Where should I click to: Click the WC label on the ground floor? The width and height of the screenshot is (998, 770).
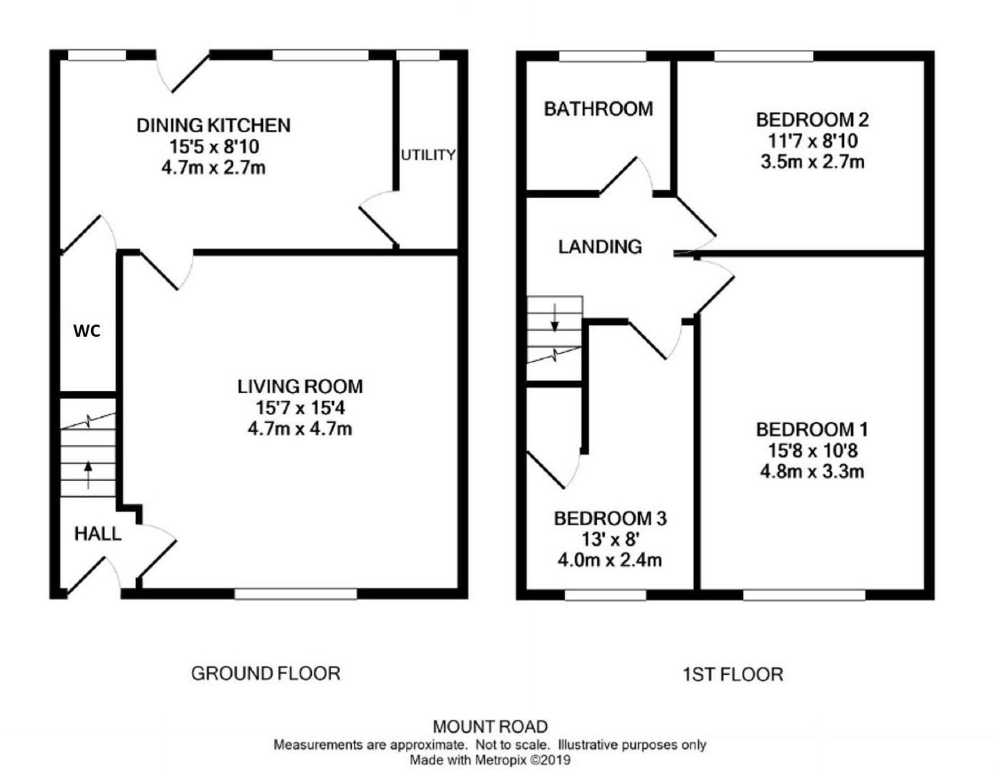[87, 331]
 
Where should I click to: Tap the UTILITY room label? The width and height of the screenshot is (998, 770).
[428, 155]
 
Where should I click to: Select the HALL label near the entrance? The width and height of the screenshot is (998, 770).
[98, 534]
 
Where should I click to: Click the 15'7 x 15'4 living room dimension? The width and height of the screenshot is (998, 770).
[300, 408]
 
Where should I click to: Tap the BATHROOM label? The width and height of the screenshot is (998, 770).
[598, 109]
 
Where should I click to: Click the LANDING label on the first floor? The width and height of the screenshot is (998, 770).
[600, 247]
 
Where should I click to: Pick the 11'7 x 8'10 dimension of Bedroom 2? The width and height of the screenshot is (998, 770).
[812, 141]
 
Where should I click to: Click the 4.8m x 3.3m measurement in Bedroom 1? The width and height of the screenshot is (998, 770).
[812, 471]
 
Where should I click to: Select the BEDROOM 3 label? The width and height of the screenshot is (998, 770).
[610, 518]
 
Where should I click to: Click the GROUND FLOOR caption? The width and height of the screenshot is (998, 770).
[265, 674]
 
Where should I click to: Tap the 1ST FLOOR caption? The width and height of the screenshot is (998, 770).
[733, 675]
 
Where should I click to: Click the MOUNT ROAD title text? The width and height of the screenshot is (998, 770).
[490, 726]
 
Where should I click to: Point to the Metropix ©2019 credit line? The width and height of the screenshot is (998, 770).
[490, 760]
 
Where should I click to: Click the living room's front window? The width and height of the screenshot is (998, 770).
[295, 594]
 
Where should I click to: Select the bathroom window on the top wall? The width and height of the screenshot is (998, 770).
[602, 56]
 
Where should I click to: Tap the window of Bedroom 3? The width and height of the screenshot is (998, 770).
[605, 595]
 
